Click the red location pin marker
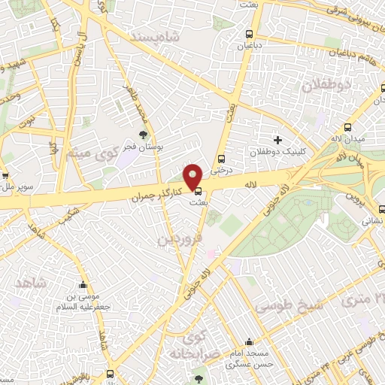tap(194, 176)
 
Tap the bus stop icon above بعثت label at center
tap(198, 191)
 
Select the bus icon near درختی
tap(221, 159)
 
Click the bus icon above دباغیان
tap(249, 34)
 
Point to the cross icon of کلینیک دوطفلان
tap(277, 140)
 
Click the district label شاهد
tap(31, 283)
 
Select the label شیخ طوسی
tap(289, 305)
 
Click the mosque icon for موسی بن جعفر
tap(83, 285)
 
